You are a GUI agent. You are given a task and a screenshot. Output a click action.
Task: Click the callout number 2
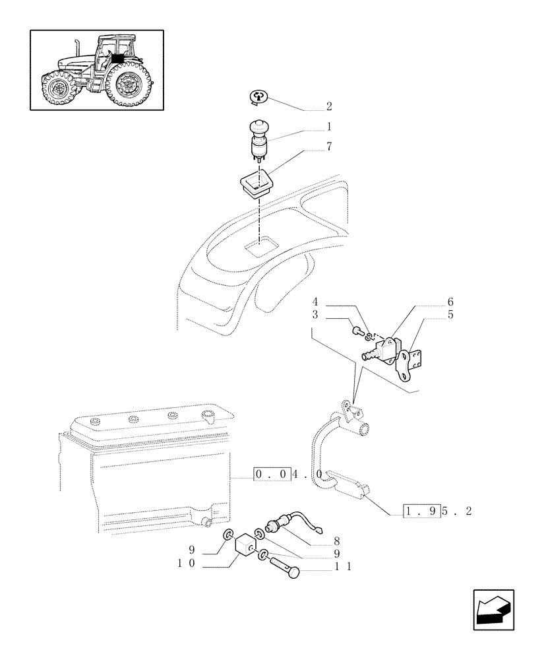click(x=329, y=106)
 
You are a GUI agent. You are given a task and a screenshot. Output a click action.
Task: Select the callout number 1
click(x=329, y=126)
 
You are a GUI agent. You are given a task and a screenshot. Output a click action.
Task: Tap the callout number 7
click(x=329, y=146)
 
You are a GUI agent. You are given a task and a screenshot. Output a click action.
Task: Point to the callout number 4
click(x=316, y=302)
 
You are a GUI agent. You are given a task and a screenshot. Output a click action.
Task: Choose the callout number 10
click(x=189, y=563)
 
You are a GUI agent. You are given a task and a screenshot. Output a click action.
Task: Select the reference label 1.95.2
click(x=439, y=511)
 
